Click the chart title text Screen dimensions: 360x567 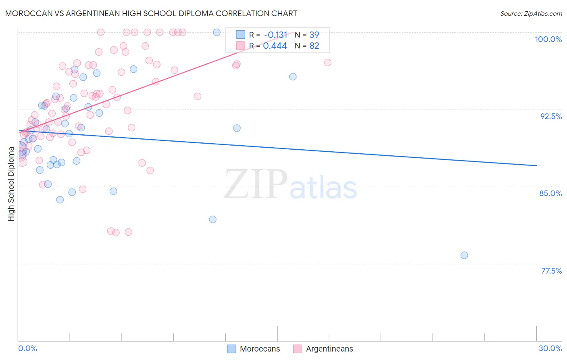point(151,13)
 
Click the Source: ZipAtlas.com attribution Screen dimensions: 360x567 point(531,13)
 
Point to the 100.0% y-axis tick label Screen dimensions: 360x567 point(548,39)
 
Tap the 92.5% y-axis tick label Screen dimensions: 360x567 point(551,116)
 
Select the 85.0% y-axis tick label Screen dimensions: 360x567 point(550,193)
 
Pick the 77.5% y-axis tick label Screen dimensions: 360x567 point(551,271)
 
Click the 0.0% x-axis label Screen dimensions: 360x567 point(27,348)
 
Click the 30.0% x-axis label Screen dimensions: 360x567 point(550,348)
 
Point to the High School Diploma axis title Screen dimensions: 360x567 point(11,184)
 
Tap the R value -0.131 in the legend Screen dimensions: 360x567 point(275,35)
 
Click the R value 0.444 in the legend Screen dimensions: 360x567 point(275,46)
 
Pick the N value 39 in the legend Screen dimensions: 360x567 point(314,35)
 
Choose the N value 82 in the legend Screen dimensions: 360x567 point(314,46)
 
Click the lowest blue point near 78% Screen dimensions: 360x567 point(464,255)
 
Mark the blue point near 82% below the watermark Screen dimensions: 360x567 point(213,220)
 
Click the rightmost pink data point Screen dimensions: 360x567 point(327,63)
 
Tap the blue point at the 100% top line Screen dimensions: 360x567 point(217,32)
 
